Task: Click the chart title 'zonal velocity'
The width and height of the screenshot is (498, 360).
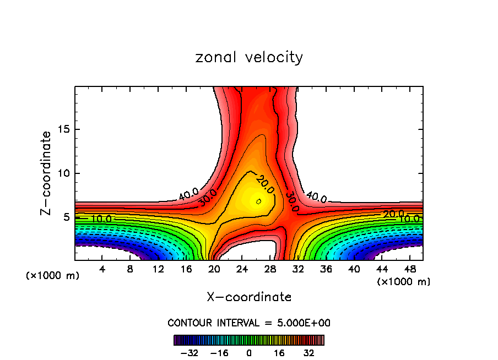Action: click(x=249, y=57)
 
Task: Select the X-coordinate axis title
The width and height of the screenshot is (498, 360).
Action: click(x=249, y=297)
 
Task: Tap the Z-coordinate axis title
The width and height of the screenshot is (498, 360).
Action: click(x=46, y=173)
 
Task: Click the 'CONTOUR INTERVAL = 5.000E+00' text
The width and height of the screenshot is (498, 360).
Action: click(x=249, y=323)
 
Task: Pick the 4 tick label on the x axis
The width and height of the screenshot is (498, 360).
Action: click(x=102, y=269)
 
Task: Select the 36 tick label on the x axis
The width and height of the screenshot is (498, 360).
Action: click(x=325, y=269)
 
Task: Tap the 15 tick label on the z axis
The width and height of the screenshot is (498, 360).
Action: click(x=62, y=129)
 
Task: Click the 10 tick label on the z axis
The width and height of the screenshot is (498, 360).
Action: click(x=62, y=173)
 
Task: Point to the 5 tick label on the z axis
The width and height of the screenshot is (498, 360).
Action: click(x=64, y=217)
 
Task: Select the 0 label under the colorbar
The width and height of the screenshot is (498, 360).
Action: click(x=249, y=352)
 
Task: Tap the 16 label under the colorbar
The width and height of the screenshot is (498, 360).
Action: click(x=279, y=352)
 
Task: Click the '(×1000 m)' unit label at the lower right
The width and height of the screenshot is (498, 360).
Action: click(x=403, y=282)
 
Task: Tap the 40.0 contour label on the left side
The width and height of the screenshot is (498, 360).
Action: click(x=188, y=194)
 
